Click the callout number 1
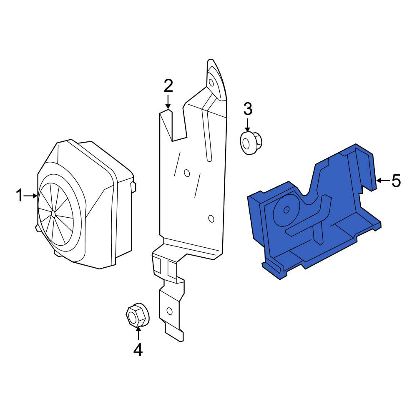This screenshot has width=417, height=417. coord(19,196)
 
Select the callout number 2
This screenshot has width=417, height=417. coord(168,85)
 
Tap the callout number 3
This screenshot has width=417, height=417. coord(248,109)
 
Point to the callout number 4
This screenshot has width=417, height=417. coord(138,349)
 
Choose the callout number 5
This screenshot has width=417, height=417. coord(396,181)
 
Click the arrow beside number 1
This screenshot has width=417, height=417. coord(30,196)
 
